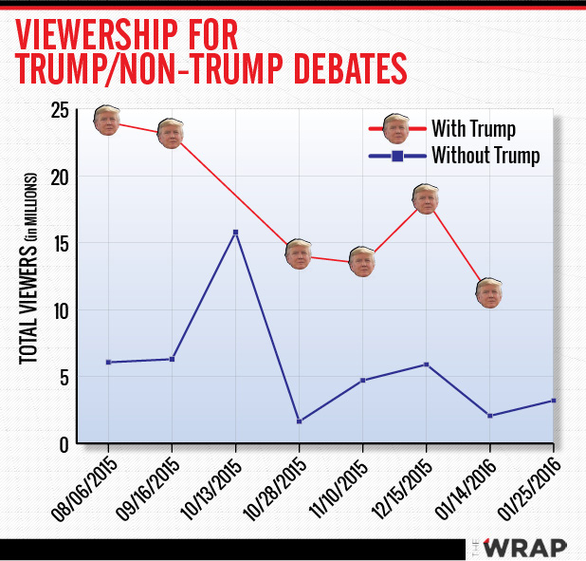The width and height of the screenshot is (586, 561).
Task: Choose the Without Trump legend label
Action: pyautogui.click(x=485, y=156)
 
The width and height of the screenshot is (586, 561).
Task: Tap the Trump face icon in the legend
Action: pyautogui.click(x=395, y=128)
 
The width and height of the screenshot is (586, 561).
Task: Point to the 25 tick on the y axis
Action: pyautogui.click(x=59, y=111)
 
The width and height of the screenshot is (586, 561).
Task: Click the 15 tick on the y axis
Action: pyautogui.click(x=59, y=244)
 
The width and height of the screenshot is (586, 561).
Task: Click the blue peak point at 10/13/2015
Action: pyautogui.click(x=235, y=232)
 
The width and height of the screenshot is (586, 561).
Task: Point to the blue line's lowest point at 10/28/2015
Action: pyautogui.click(x=299, y=421)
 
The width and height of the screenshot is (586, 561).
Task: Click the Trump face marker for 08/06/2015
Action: pyautogui.click(x=107, y=120)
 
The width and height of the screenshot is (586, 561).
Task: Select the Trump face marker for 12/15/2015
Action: pyautogui.click(x=426, y=197)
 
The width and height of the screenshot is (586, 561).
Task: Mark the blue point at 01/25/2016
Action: pyautogui.click(x=553, y=401)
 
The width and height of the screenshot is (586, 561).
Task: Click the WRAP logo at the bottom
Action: pyautogui.click(x=523, y=548)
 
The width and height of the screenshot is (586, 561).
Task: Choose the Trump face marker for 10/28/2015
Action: pyautogui.click(x=299, y=253)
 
